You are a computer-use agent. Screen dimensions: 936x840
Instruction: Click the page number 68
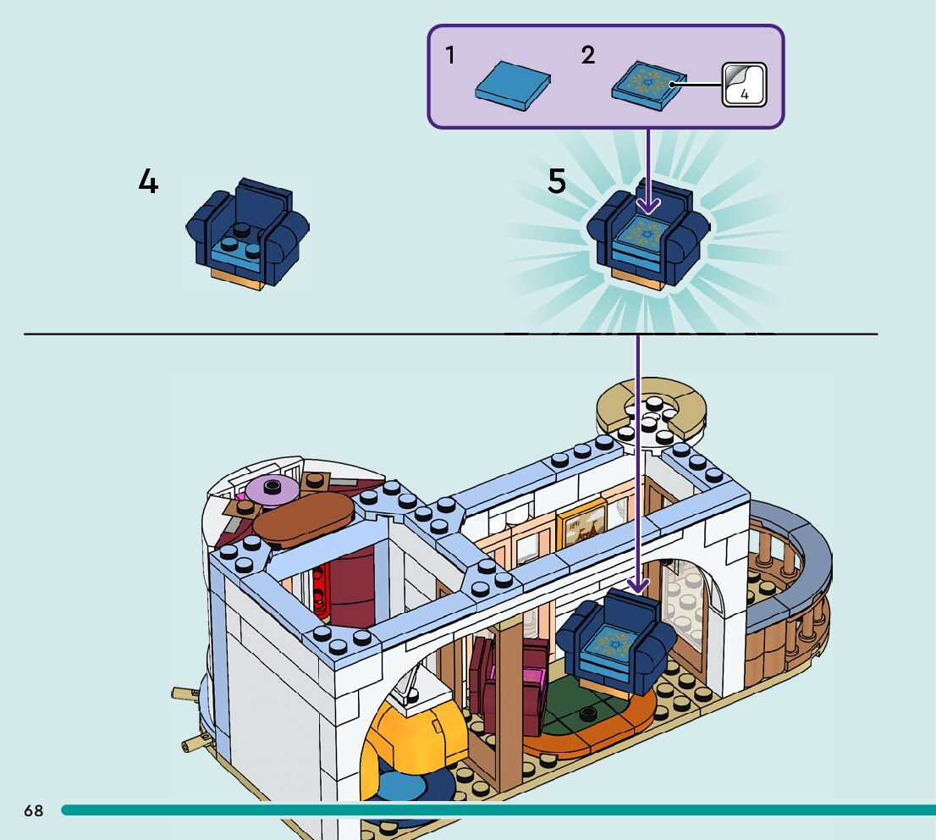pos(33,810)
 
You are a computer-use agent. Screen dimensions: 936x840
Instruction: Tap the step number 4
pos(148,181)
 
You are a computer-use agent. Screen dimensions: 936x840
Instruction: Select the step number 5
pos(556,181)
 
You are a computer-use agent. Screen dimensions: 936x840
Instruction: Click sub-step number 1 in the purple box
pos(450,56)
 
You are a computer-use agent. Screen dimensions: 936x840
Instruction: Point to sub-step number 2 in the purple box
pos(588,56)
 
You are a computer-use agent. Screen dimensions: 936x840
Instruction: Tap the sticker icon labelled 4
pos(744,86)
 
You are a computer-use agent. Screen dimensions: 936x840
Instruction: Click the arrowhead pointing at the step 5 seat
pos(648,205)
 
